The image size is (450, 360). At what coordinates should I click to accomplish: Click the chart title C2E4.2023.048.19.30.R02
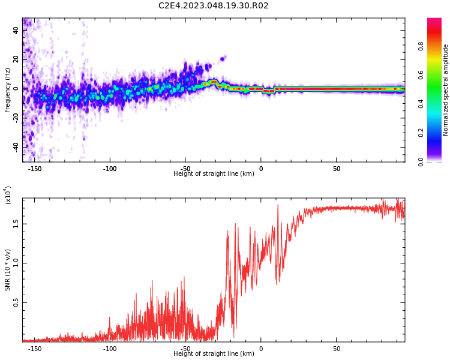pos(213,5)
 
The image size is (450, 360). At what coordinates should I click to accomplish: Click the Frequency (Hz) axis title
pos(7,90)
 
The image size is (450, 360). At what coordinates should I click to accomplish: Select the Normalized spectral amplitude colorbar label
pos(445,90)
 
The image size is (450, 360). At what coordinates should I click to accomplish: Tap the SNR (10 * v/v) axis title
pos(7,270)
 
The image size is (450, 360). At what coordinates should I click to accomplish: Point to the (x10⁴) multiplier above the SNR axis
pos(8,195)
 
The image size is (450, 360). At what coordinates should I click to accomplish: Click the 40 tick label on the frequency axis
pos(16,30)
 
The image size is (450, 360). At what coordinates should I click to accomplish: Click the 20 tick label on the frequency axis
pos(16,59)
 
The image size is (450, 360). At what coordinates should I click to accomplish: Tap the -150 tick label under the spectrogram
pos(34,169)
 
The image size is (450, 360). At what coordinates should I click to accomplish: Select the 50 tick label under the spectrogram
pos(337,169)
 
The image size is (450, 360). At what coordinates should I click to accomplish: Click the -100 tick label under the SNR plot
pos(110,349)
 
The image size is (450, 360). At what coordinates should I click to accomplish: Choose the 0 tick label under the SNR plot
pos(261,349)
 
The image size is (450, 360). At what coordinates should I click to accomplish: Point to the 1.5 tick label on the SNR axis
pos(16,224)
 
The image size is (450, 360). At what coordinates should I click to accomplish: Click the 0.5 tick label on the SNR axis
pos(16,302)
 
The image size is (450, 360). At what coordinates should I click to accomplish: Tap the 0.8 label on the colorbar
pos(421,46)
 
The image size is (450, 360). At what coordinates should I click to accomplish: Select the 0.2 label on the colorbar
pos(421,133)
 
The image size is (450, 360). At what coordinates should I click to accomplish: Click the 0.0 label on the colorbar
pos(421,162)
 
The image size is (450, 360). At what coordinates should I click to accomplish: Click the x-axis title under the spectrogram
pos(214,173)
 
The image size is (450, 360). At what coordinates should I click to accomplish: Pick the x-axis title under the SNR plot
pos(214,353)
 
